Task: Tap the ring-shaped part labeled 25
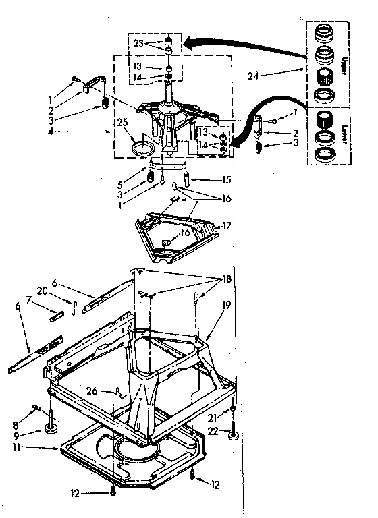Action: pos(142,148)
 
